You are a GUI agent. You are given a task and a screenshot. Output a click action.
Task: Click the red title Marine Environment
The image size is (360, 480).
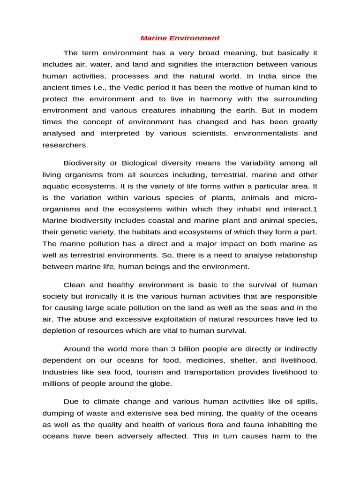point(180,38)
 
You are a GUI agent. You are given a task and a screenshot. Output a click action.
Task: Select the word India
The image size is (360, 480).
point(269,76)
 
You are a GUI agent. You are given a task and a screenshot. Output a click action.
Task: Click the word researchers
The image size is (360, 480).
point(65,145)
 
